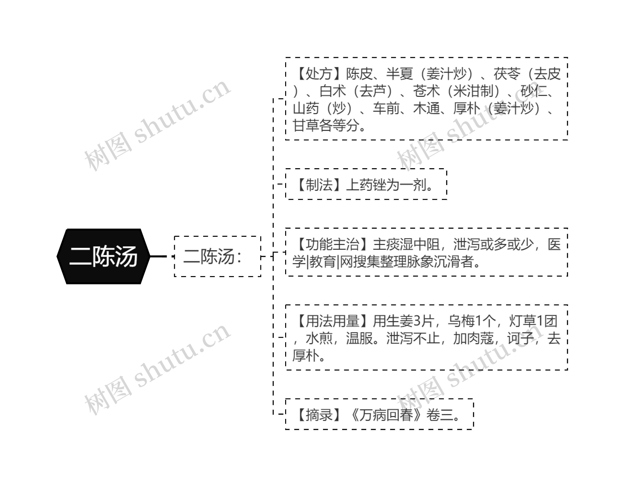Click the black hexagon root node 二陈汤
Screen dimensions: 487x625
point(103,256)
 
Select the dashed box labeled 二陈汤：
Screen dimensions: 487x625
point(218,256)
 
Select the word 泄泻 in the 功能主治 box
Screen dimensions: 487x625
point(467,244)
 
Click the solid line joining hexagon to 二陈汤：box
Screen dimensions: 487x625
point(158,256)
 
